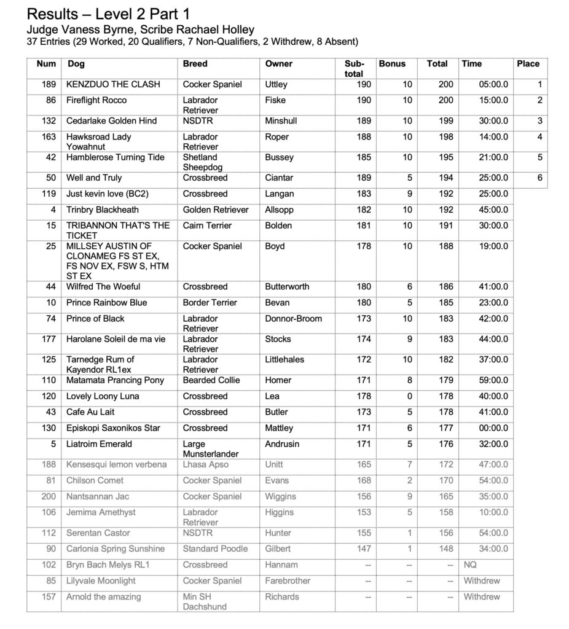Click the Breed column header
(195, 64)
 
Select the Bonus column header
(392, 64)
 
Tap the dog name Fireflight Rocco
(96, 100)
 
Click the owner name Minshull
(281, 121)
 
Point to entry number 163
(49, 137)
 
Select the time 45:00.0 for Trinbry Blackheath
(493, 209)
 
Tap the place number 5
(539, 157)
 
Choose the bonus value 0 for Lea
(409, 396)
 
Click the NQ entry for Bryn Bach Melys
(469, 565)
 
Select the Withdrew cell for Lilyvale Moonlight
(481, 580)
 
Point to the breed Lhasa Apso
(205, 464)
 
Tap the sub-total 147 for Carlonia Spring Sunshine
(364, 549)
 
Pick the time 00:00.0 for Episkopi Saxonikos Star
(493, 428)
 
